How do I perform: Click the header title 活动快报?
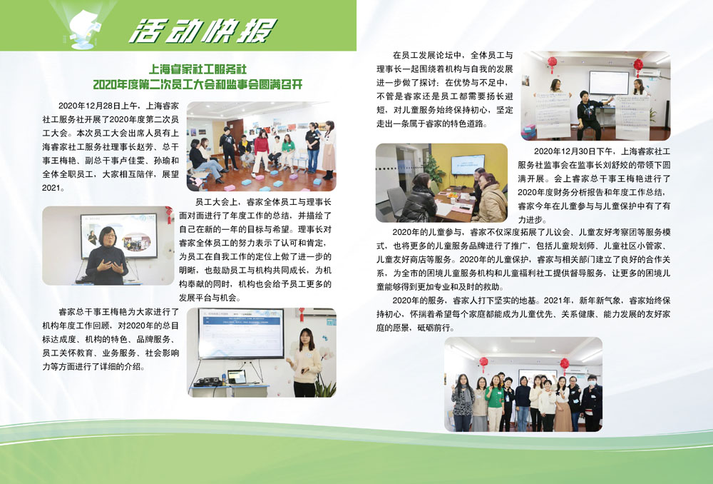click(x=202, y=31)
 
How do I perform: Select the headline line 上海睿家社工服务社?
click(x=198, y=69)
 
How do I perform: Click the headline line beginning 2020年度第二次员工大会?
click(x=198, y=84)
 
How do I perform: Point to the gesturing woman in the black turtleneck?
click(x=106, y=256)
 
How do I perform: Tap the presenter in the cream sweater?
click(x=306, y=363)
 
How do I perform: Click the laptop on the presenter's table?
click(x=237, y=377)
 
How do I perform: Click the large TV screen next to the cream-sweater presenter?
click(x=241, y=333)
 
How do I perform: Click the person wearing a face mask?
click(x=592, y=403)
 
